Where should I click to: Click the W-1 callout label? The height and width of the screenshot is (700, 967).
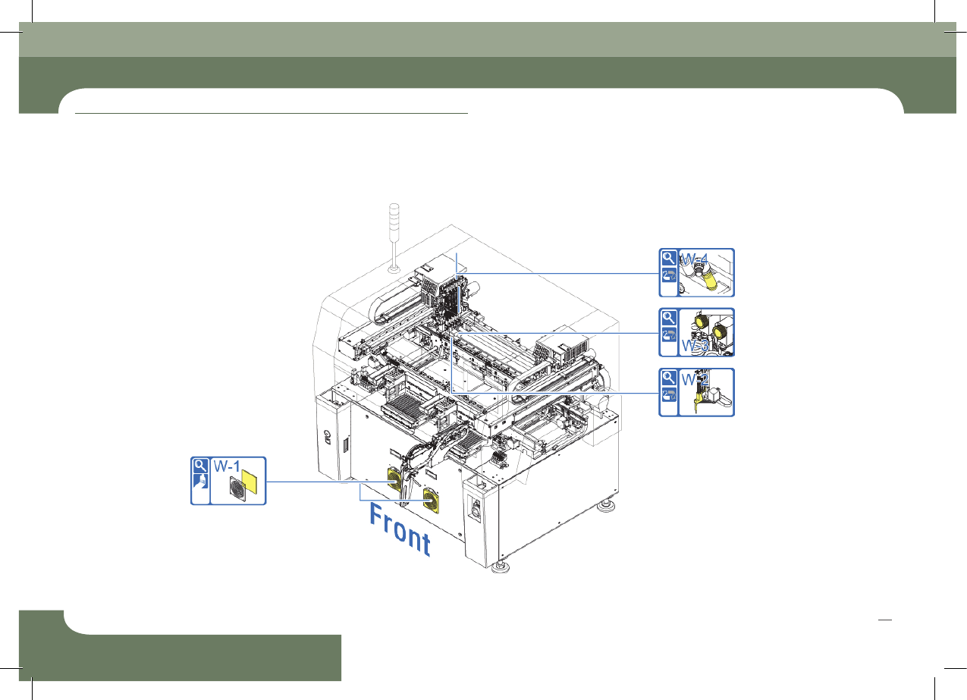point(227,466)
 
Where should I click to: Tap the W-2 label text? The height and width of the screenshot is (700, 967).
point(695,380)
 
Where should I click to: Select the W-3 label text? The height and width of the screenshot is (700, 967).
point(695,345)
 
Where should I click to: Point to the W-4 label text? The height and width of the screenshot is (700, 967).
point(694,259)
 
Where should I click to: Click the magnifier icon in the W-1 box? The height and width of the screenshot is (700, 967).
point(200,465)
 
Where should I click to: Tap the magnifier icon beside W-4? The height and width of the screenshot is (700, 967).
point(668,258)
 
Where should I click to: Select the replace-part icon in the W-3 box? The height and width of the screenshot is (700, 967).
point(668,335)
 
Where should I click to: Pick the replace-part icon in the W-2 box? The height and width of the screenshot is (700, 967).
point(668,395)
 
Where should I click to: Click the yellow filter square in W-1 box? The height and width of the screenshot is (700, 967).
point(250,482)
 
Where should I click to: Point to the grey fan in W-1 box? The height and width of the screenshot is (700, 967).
point(237,489)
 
